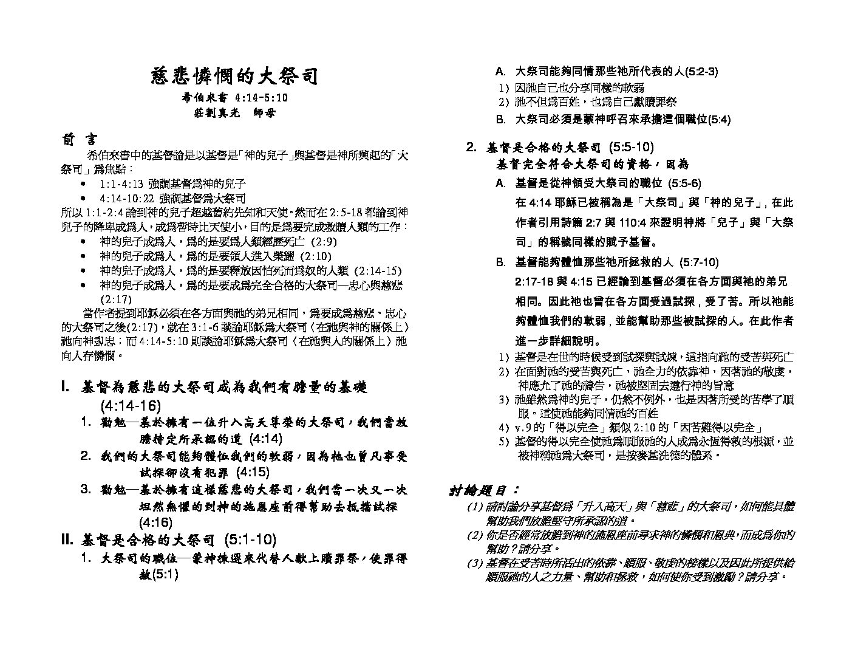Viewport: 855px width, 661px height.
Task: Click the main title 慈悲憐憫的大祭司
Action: [x=234, y=77]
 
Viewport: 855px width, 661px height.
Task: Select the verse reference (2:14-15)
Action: [x=377, y=270]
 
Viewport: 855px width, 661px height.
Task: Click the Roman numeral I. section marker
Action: [x=66, y=387]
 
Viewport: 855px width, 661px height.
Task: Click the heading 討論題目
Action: [x=483, y=490]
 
